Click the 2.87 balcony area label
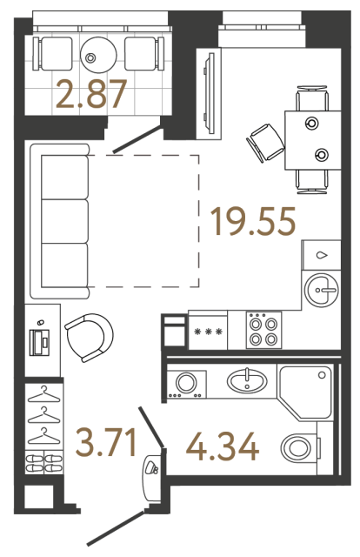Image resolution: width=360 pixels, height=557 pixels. pos(92,94)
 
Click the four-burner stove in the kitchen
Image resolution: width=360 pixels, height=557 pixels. pos(263,330)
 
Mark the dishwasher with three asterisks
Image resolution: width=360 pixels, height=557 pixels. pos(207,332)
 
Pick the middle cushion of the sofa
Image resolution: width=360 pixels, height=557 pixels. pos(64,221)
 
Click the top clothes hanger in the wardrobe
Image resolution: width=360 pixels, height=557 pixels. pos(42,397)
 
